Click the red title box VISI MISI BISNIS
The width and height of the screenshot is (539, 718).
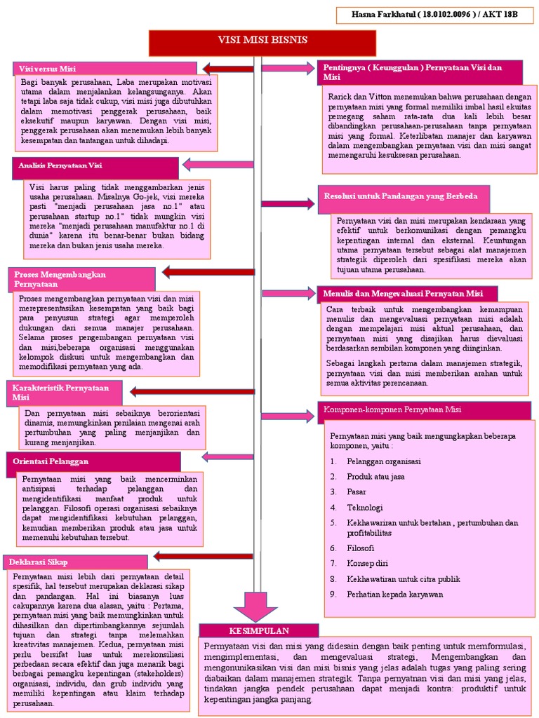coord(262,41)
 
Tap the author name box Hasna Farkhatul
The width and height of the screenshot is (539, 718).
coord(434,14)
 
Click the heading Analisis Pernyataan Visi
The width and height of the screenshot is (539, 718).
coord(95,167)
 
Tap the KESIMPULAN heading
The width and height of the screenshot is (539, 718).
coord(259,630)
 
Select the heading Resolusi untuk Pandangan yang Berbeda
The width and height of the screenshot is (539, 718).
coord(403,194)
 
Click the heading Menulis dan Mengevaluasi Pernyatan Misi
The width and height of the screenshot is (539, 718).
coord(408,293)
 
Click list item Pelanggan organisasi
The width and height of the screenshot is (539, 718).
coord(383,461)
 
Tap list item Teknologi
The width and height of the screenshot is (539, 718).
coord(364,507)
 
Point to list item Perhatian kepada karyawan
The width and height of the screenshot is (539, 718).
coord(394,594)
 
